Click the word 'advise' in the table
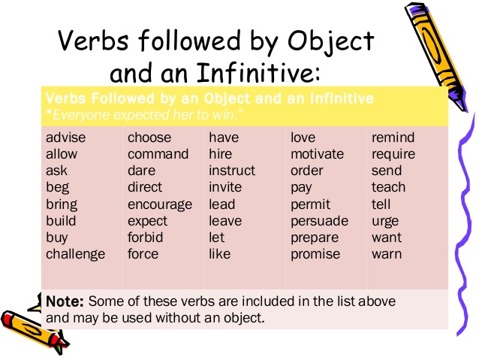click(x=66, y=138)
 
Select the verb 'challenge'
click(x=76, y=254)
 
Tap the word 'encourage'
click(x=160, y=204)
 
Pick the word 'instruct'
click(x=232, y=171)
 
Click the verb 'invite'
click(x=225, y=187)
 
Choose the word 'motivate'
click(x=317, y=154)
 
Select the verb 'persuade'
click(x=320, y=221)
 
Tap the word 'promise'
click(x=315, y=254)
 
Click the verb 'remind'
click(x=393, y=138)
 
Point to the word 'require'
click(x=393, y=154)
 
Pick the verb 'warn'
click(x=387, y=254)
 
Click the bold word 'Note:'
click(x=65, y=301)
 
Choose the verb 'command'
click(x=158, y=154)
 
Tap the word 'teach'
click(x=388, y=187)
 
